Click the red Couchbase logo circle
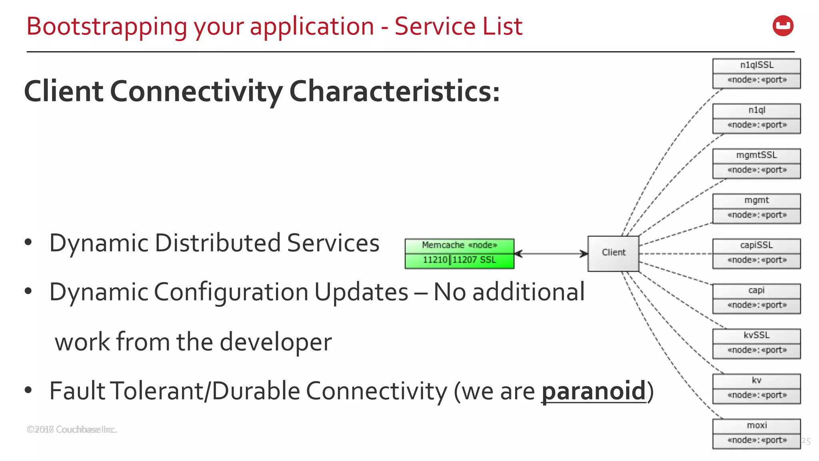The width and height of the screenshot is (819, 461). (x=783, y=26)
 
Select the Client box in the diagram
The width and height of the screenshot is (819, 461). (x=613, y=253)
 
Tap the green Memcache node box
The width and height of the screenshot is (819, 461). (x=459, y=253)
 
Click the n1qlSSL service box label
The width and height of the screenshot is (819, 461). (x=756, y=65)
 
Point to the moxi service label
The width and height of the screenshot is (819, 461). (x=757, y=425)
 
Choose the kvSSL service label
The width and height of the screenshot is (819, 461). (x=756, y=335)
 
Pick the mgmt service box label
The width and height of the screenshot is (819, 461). (x=756, y=200)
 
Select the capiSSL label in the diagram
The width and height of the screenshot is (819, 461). (x=756, y=245)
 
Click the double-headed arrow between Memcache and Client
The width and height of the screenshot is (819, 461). (x=551, y=253)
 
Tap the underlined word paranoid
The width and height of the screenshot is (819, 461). (x=593, y=391)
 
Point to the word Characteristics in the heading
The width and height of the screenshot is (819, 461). (x=394, y=91)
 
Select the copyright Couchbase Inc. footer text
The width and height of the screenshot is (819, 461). (x=72, y=429)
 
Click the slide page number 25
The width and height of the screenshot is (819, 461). (x=806, y=441)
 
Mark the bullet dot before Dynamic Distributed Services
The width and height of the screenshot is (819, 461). (x=28, y=242)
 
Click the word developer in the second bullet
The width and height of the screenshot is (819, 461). (x=276, y=342)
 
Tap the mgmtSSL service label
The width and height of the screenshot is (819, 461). (x=756, y=155)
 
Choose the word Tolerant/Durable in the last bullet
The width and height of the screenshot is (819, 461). (x=205, y=391)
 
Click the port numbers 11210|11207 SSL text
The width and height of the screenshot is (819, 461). (x=459, y=260)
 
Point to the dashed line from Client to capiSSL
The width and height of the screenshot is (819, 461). (x=676, y=254)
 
